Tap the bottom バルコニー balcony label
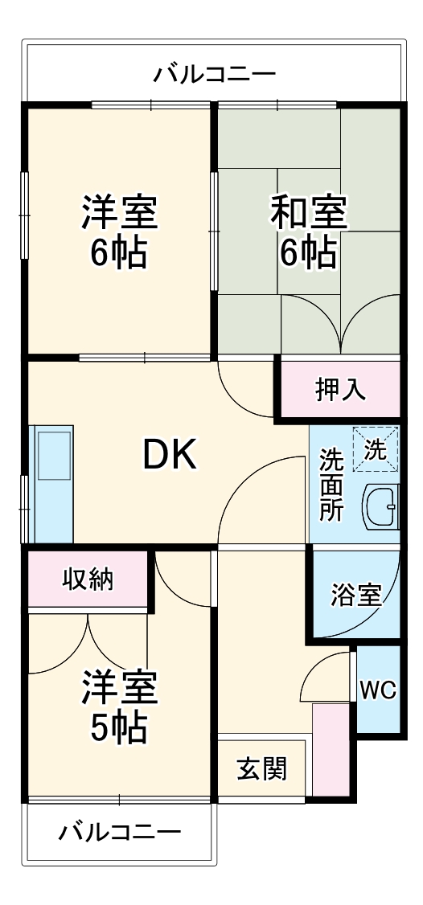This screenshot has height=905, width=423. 120,831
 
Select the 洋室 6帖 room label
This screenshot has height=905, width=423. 119,232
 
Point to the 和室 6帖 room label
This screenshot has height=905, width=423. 308,232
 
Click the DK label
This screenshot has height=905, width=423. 169,457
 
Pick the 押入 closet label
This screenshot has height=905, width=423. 340,390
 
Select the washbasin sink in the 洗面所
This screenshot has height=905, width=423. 380,506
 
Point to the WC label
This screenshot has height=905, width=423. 377,690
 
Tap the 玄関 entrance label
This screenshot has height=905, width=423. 261,768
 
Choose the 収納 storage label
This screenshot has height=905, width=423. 88,579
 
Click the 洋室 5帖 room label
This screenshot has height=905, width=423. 119,707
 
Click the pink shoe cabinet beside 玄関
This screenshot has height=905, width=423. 327,749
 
